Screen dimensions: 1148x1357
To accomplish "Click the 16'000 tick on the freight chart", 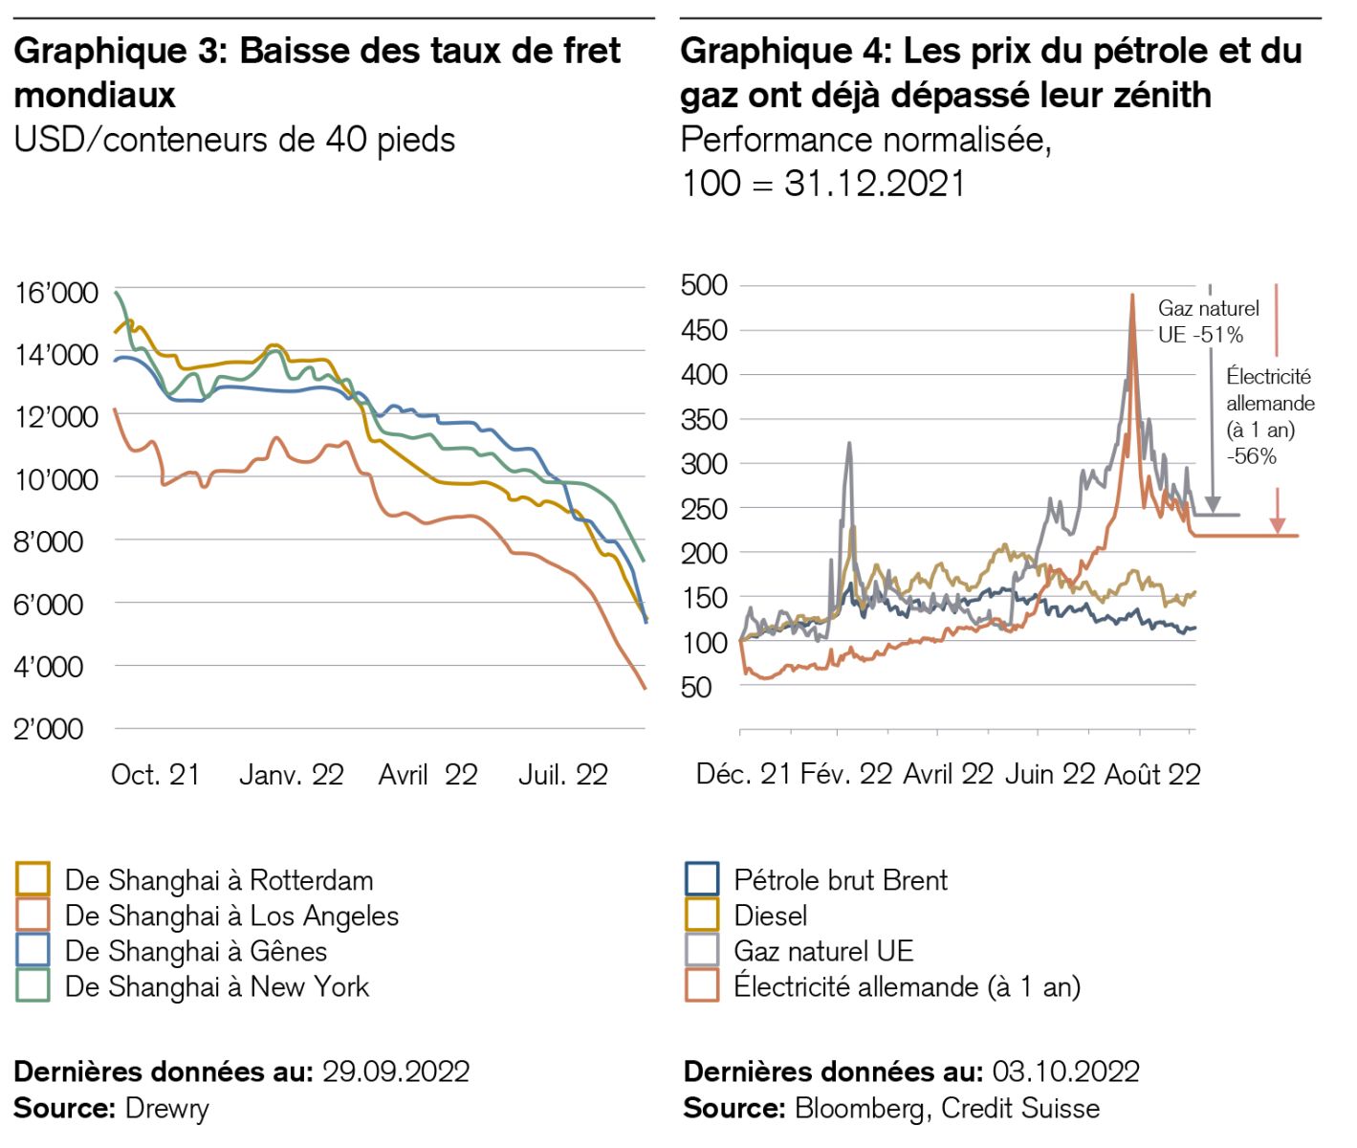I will pos(56,293).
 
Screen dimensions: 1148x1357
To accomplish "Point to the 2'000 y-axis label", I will pos(49,729).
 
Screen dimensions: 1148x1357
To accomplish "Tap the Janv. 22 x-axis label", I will pos(292,775).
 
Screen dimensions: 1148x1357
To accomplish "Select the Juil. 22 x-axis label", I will pos(563,775).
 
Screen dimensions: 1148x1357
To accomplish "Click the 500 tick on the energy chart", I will pos(704,285).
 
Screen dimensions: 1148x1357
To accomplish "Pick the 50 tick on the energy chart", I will pos(696,687).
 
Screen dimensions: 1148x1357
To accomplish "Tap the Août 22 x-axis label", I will pos(1152,775).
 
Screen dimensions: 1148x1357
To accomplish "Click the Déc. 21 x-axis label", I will pos(743,775).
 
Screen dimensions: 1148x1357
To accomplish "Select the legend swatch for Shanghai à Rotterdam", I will pos(33,879).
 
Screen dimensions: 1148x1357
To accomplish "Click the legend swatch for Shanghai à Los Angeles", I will pos(33,915).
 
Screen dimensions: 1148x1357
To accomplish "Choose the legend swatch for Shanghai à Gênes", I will pos(33,950).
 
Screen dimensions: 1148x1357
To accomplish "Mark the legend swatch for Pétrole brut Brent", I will pos(702,879).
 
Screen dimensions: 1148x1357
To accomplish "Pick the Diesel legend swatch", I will pos(702,915).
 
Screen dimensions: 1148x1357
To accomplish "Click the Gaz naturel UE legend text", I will pos(823,951).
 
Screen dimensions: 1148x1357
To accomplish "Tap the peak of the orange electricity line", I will pos(1132,297).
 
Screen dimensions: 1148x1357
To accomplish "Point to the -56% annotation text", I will pos(1252,456).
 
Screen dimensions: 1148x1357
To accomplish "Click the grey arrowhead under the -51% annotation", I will pos(1212,504).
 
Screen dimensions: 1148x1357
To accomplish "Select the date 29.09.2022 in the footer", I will pos(396,1071).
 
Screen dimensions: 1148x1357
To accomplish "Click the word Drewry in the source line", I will pos(167,1109).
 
